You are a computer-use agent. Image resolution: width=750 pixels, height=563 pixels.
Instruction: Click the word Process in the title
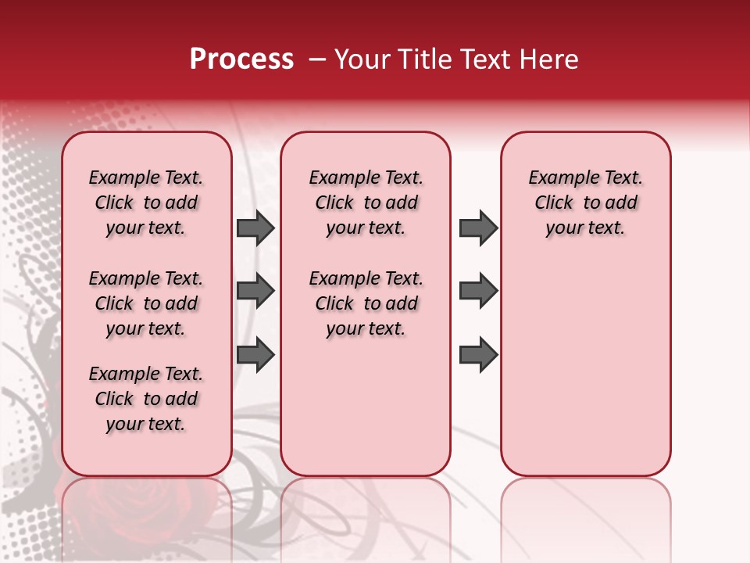[241, 59]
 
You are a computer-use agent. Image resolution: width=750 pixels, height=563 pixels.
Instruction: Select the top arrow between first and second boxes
[255, 228]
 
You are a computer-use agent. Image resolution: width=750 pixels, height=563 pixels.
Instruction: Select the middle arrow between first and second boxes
[255, 292]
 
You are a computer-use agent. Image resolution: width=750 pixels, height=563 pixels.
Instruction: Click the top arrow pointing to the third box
[478, 228]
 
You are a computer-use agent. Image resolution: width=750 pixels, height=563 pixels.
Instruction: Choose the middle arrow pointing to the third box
[478, 292]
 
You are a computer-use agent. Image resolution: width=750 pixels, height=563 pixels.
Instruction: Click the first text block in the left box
[146, 203]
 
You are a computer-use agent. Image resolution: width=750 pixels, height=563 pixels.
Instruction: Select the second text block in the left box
[146, 303]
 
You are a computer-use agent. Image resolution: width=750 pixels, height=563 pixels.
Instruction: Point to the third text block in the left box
[146, 399]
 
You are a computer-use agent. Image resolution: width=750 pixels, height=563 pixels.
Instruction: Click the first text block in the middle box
[366, 203]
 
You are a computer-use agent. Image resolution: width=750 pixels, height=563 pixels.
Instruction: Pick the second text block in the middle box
[366, 303]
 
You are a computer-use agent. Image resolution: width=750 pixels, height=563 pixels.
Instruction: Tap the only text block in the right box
[586, 203]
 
